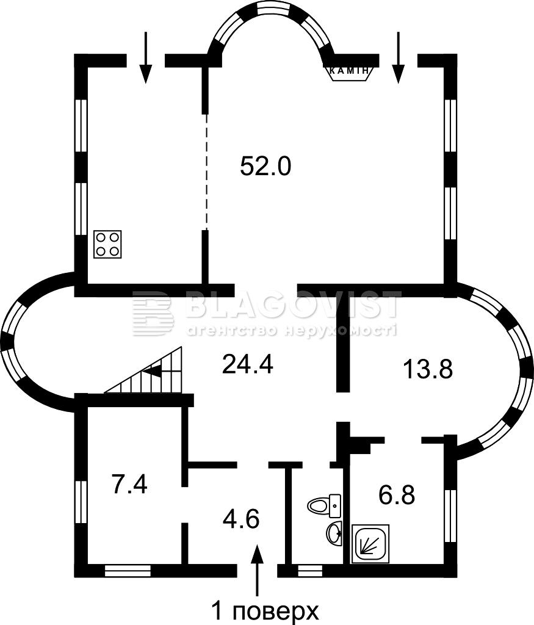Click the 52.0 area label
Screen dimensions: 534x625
click(266, 166)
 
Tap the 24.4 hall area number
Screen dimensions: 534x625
click(247, 364)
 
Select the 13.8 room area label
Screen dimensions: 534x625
click(428, 369)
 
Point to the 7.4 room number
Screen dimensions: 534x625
click(130, 485)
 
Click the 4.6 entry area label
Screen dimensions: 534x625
click(242, 519)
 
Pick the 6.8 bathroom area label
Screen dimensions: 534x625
click(397, 496)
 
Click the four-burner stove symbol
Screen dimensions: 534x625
click(107, 244)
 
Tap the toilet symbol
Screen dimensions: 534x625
click(324, 505)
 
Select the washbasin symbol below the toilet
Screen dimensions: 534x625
click(334, 532)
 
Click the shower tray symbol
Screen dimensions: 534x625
click(370, 544)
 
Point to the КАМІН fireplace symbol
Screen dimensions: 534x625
click(350, 72)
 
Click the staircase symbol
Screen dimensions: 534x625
click(143, 369)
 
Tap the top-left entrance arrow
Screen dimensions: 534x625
click(146, 57)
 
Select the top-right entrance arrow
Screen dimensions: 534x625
click(398, 57)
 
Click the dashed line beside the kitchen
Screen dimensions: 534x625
click(206, 172)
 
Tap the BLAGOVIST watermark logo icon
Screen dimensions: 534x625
click(153, 313)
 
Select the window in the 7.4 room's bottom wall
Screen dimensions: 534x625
click(128, 571)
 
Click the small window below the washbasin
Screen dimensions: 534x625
click(309, 571)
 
